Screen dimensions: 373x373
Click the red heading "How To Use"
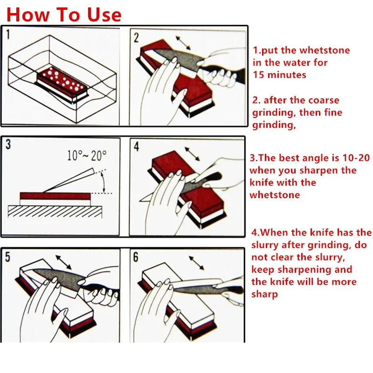pos(64,14)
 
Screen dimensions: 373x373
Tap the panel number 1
pos(8,34)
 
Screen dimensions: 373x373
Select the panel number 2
pos(136,38)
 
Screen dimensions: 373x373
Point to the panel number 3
pos(8,145)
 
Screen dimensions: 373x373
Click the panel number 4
pos(136,146)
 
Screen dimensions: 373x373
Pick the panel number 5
pos(7,257)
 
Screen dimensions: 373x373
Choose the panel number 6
pos(136,257)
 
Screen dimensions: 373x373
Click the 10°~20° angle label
pos(87,156)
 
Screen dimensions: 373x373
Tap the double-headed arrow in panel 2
pos(183,43)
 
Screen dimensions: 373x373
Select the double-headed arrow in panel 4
pos(192,154)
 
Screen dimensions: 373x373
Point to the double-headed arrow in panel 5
pos(63,262)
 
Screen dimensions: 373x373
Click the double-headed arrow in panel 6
pos(196,263)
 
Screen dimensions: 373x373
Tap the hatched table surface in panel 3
pos(55,212)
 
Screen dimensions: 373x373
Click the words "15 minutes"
pos(279,75)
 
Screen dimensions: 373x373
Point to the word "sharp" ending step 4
pos(264,295)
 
